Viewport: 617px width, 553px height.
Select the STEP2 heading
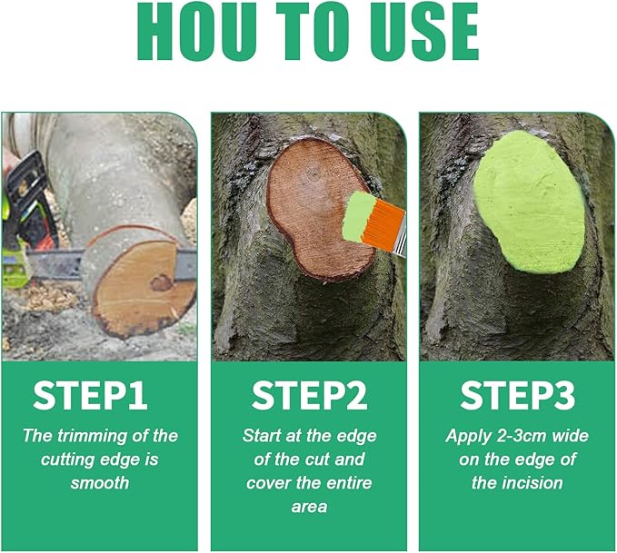[x=309, y=396]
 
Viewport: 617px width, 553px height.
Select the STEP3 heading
[x=517, y=396]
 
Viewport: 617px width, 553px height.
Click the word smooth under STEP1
[x=100, y=482]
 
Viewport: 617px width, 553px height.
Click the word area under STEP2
[x=309, y=506]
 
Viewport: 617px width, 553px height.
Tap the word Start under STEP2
[x=263, y=436]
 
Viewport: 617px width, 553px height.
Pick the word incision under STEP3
[x=531, y=482]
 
